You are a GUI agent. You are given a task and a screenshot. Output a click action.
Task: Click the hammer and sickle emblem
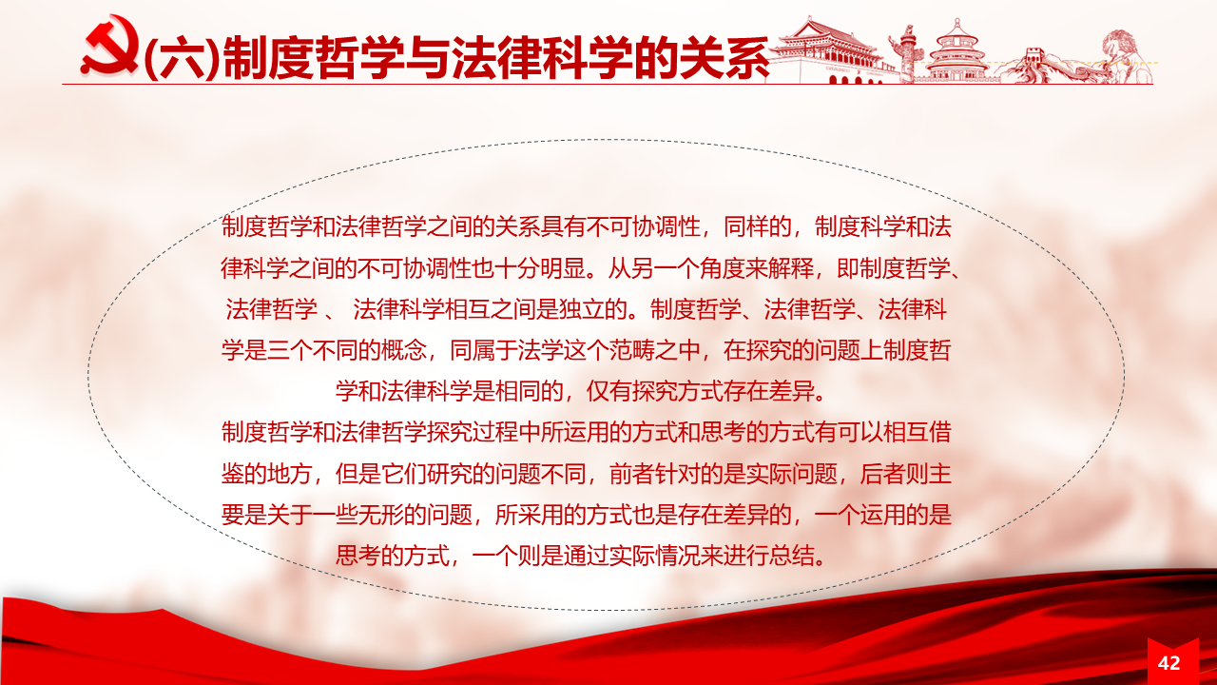pos(111,47)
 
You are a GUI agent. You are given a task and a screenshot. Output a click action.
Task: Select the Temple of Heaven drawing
pos(957,51)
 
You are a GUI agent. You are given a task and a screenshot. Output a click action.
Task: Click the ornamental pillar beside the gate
pos(906,54)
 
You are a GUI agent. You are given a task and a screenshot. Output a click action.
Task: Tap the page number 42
pos(1169,663)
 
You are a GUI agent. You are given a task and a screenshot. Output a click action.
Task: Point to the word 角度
pos(723,268)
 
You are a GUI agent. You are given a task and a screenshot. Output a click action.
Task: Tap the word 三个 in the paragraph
pos(290,350)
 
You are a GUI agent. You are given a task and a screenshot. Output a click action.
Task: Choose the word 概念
pos(404,350)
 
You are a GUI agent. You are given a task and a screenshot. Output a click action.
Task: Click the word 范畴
pos(631,350)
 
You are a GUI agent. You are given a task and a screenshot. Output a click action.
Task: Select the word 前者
pos(631,474)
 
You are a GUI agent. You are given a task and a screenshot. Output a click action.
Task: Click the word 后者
pos(882,474)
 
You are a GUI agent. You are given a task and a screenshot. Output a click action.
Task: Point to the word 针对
pos(677,474)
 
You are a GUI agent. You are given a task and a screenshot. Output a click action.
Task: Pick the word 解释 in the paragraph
pos(791,268)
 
